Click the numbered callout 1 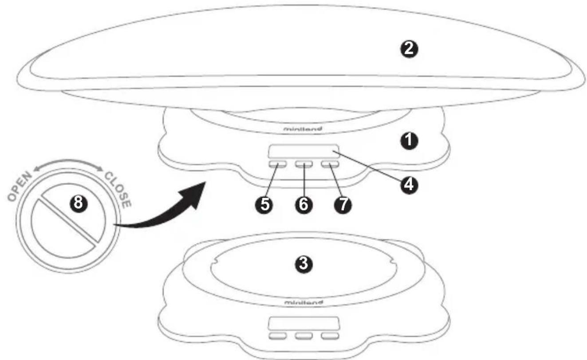coord(409,141)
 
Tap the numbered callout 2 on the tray coord(409,49)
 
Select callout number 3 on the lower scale coord(303,264)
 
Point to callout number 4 coord(409,185)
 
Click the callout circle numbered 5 coord(264,204)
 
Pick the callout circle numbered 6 coord(303,204)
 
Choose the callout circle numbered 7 coord(343,204)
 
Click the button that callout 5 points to coord(277,164)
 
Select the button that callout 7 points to coord(330,164)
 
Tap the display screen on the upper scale coord(303,151)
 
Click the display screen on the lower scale coord(303,323)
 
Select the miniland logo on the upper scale coord(303,129)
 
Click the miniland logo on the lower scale coord(304,303)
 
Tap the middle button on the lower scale coord(304,336)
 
